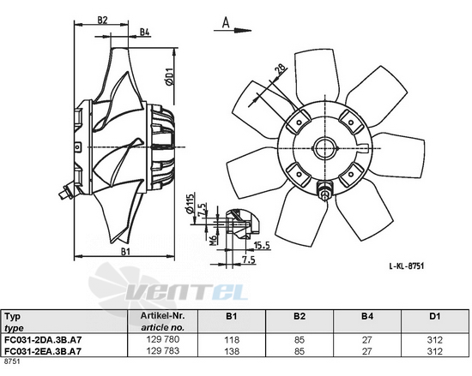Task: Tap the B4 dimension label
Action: [145, 32]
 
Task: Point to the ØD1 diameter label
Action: [170, 76]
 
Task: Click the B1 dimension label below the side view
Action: [125, 252]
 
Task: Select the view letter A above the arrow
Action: [226, 22]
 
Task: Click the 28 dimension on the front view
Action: [281, 70]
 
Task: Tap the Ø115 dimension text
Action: [190, 205]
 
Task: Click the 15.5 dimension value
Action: [262, 245]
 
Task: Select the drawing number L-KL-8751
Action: [407, 266]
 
